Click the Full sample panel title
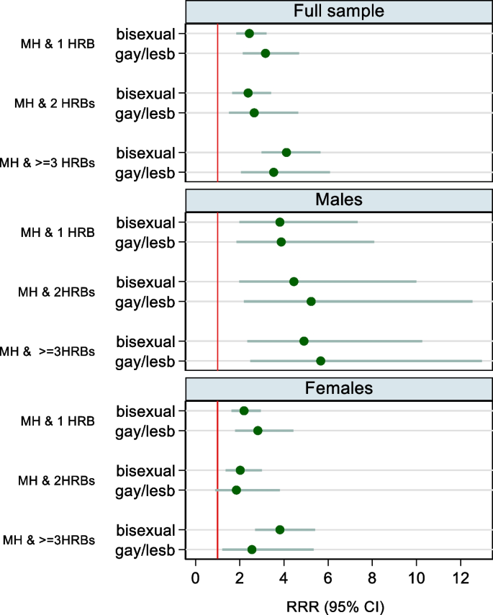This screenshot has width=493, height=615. (x=338, y=11)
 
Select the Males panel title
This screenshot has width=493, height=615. (x=338, y=199)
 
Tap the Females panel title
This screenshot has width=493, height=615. (x=338, y=388)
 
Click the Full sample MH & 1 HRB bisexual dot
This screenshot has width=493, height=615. (x=249, y=33)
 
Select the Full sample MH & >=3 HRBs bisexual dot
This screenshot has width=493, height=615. (x=286, y=152)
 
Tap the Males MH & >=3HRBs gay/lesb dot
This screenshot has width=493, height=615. (x=320, y=361)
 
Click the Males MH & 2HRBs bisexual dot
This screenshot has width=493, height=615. (x=294, y=282)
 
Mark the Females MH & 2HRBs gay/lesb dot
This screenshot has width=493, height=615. (x=236, y=490)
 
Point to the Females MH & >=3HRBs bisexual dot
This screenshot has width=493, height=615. (x=280, y=529)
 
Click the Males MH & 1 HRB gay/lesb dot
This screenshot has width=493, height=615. (x=281, y=242)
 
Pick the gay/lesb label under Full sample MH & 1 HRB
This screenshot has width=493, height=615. (x=145, y=53)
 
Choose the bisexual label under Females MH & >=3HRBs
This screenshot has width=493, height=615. (x=145, y=529)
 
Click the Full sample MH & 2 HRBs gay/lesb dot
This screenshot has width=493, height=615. (x=254, y=112)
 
